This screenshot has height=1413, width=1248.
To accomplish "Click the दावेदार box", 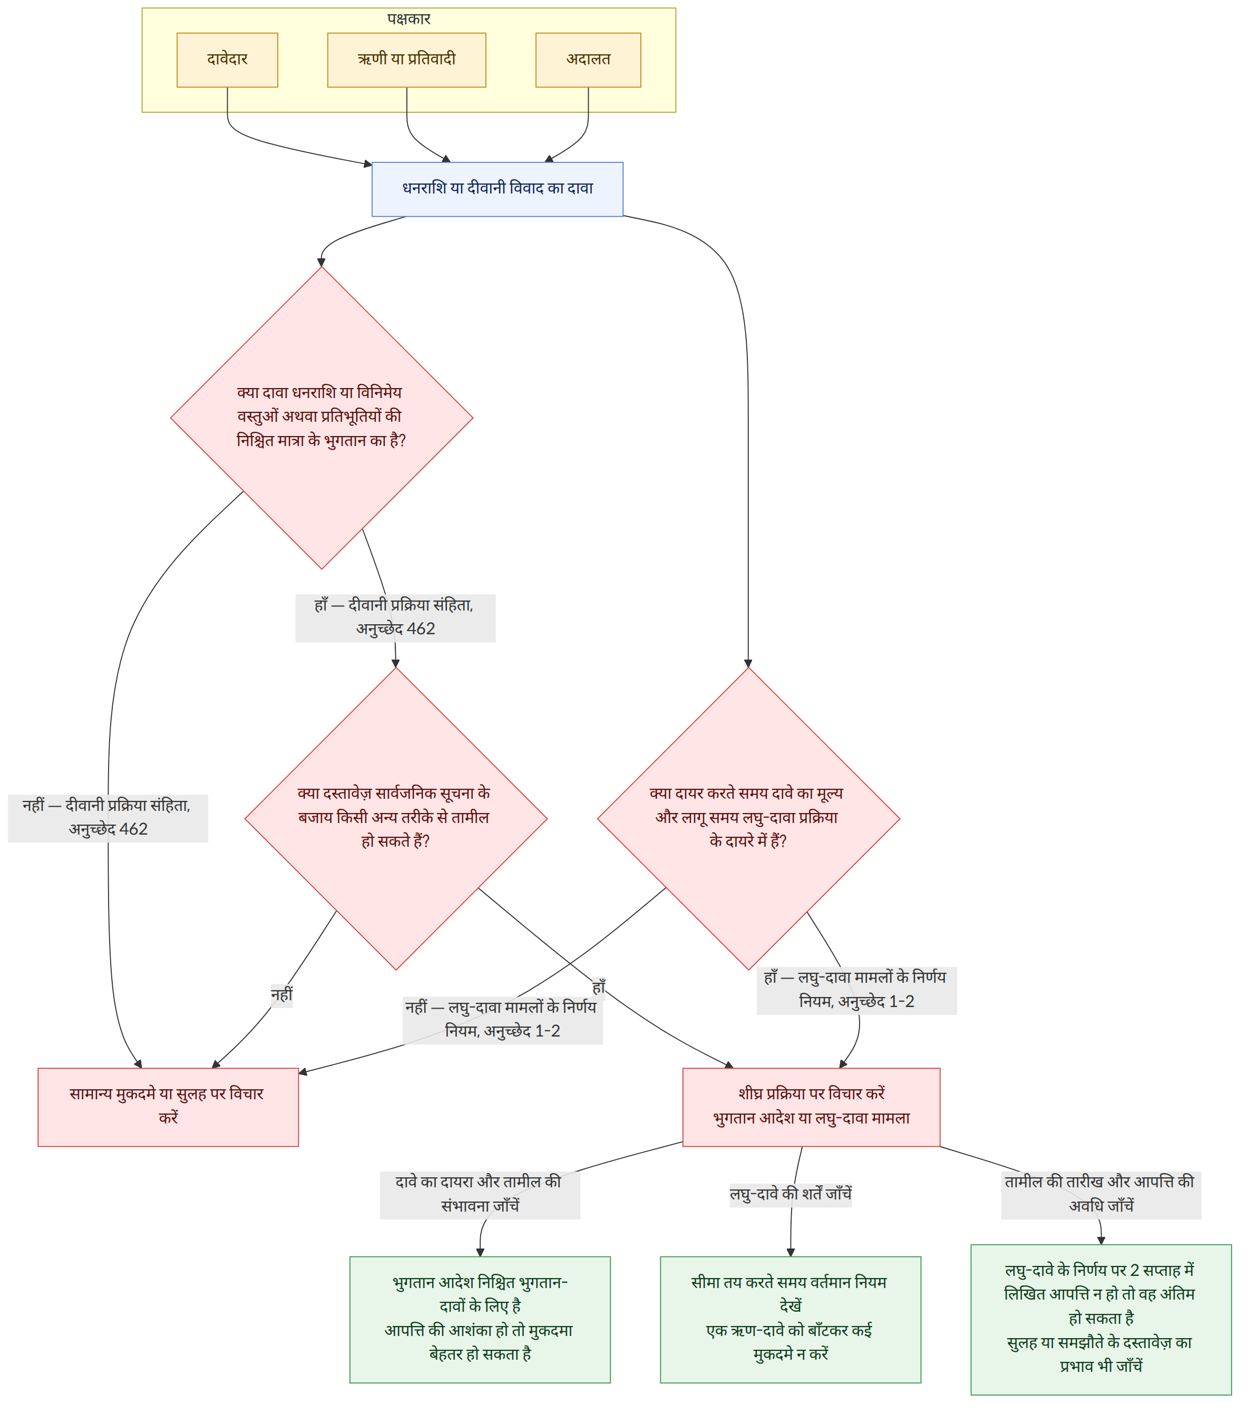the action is coord(227,60).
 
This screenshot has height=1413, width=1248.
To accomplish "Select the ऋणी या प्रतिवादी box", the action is coord(406,60).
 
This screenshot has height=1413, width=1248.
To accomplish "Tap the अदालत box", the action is coord(588,60).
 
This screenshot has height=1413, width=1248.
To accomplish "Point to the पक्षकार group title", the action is coord(408,18).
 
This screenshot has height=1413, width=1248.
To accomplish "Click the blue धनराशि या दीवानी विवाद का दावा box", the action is coord(498,189).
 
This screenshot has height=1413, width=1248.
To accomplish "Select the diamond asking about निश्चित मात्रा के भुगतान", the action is coord(321,418).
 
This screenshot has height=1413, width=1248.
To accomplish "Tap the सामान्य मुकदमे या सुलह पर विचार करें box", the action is coord(168,1107).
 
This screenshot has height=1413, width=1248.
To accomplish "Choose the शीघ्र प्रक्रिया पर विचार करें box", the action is coord(811,1107).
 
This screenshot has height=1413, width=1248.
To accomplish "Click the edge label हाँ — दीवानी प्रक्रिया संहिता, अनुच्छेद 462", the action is coord(395,618).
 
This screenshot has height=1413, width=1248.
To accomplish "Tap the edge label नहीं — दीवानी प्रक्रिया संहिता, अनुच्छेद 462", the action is coord(108,818).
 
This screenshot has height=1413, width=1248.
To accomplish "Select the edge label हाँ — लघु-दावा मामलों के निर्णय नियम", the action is coord(857,991).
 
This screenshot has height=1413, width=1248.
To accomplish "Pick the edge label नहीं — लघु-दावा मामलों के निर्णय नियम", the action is coord(502,1020).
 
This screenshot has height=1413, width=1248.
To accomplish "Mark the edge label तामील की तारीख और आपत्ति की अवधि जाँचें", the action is coord(1101,1195).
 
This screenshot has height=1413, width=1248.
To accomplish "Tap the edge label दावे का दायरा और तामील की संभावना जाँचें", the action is coord(480,1195).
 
